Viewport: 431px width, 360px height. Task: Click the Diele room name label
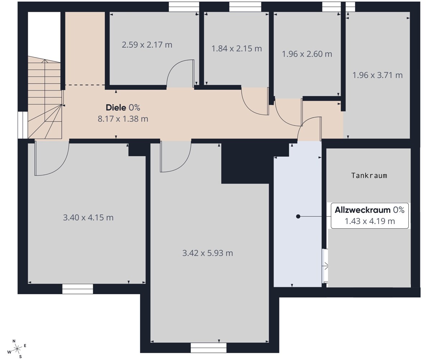pyautogui.click(x=116, y=108)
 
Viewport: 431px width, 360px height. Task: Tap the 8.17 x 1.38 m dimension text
pyautogui.click(x=123, y=119)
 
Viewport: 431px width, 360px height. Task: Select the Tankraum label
pyautogui.click(x=369, y=176)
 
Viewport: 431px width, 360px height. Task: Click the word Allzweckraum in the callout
pyautogui.click(x=362, y=210)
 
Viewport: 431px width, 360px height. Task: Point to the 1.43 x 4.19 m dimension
pyautogui.click(x=370, y=221)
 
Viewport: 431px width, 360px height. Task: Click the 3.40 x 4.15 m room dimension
pyautogui.click(x=88, y=218)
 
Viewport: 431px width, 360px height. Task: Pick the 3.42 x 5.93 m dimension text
pyautogui.click(x=208, y=253)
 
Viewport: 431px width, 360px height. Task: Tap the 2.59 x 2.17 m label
pyautogui.click(x=147, y=45)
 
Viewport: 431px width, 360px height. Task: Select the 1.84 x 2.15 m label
pyautogui.click(x=237, y=48)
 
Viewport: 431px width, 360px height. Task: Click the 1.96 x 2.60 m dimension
pyautogui.click(x=307, y=54)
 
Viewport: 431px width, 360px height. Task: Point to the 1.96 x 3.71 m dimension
pyautogui.click(x=377, y=75)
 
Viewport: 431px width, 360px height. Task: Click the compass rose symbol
pyautogui.click(x=17, y=349)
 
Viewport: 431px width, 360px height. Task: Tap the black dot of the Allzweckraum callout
pyautogui.click(x=298, y=216)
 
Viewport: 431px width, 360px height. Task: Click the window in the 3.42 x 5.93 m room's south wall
pyautogui.click(x=208, y=348)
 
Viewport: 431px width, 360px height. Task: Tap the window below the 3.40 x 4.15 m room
pyautogui.click(x=78, y=289)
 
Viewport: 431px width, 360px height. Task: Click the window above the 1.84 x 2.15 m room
pyautogui.click(x=245, y=7)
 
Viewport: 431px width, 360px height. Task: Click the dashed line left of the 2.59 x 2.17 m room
pyautogui.click(x=85, y=85)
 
